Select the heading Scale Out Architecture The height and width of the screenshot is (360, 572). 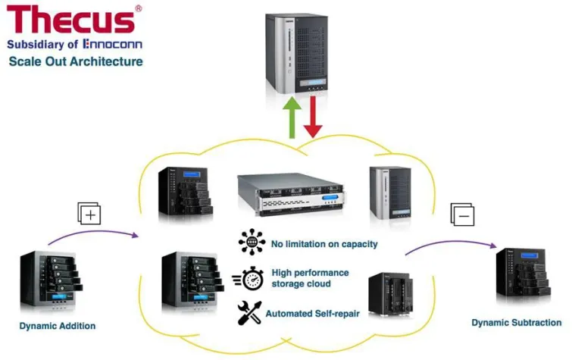click(x=76, y=61)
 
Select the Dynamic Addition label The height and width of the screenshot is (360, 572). click(x=58, y=326)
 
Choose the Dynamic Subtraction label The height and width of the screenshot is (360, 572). click(x=517, y=323)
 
